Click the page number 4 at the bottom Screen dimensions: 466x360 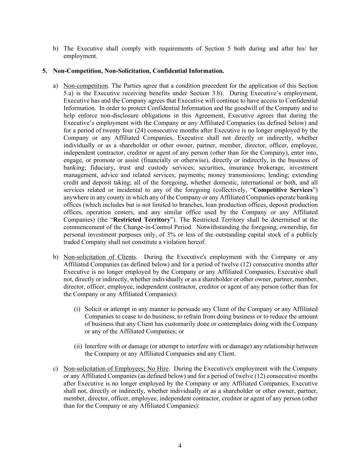pos(180,446)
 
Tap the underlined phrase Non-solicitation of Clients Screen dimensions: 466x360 pos(100,257)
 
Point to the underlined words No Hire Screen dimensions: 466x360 pos(158,369)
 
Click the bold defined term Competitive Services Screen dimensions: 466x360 pos(283,190)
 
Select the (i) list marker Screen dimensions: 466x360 pos(77,309)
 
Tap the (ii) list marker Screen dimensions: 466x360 pos(78,346)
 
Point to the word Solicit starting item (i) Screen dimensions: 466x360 pos(93,309)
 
